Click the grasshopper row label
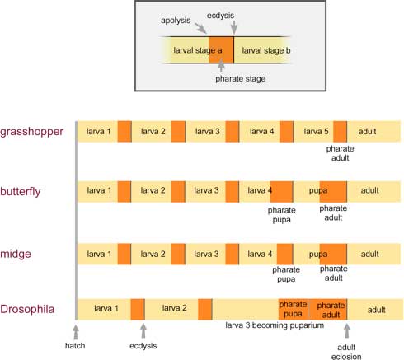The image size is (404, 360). [31, 132]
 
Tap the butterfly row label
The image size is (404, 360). [21, 191]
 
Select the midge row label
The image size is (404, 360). [16, 254]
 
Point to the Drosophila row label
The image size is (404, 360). [27, 309]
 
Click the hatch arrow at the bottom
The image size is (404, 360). [76, 332]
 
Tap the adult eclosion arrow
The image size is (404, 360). [347, 331]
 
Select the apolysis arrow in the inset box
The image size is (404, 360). [200, 28]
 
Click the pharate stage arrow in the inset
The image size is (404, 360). [221, 66]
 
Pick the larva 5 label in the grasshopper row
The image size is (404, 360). [316, 132]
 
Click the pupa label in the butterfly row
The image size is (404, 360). [318, 191]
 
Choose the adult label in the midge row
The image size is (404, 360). [369, 254]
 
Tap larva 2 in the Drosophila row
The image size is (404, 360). [174, 308]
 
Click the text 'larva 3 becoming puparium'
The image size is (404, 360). [275, 325]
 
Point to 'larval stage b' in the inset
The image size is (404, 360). [266, 50]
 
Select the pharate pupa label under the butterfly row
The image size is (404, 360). [282, 215]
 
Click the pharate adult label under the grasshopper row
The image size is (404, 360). [340, 153]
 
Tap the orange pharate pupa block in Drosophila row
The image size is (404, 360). [294, 309]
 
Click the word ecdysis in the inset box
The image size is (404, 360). [220, 16]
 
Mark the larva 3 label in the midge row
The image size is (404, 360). [206, 254]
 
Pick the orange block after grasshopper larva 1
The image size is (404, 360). [124, 132]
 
